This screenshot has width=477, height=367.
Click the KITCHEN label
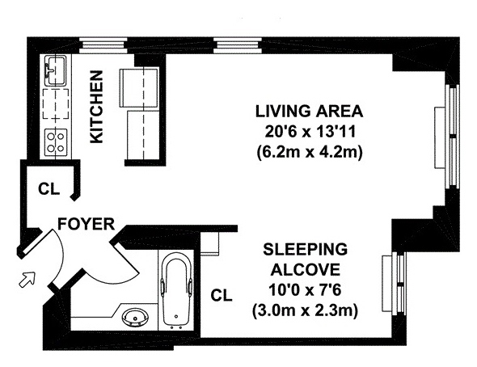[97, 107]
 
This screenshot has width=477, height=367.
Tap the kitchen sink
[55, 70]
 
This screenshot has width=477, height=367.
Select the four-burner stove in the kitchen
[56, 141]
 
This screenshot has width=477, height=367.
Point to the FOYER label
[86, 224]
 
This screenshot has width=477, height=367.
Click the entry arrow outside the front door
[27, 280]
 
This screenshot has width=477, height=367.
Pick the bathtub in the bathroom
[176, 290]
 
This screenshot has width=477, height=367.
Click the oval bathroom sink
[135, 318]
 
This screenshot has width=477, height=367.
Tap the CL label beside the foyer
[49, 189]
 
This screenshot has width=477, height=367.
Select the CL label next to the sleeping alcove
[222, 295]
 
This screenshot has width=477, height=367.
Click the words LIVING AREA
[309, 112]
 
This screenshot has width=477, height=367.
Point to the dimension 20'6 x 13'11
[310, 132]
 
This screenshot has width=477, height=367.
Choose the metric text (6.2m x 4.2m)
[310, 152]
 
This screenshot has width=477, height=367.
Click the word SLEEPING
[305, 249]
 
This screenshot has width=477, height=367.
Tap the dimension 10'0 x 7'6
[305, 290]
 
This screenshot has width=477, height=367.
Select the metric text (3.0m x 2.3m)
[305, 311]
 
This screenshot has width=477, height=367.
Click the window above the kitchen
[103, 45]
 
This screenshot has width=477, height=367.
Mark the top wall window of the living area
[238, 45]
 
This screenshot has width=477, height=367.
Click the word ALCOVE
[305, 270]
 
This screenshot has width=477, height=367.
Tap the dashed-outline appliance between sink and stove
[56, 104]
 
